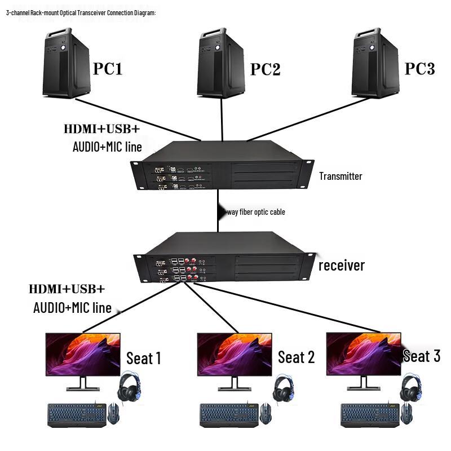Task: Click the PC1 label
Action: (x=108, y=69)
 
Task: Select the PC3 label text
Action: (x=420, y=69)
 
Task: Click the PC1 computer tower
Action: (x=67, y=62)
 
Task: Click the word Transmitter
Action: (x=341, y=176)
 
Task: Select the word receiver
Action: (x=342, y=265)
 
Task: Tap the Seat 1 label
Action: (x=144, y=358)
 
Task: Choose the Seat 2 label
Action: (x=296, y=357)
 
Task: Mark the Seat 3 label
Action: (x=422, y=356)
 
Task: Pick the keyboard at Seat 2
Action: (x=231, y=414)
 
